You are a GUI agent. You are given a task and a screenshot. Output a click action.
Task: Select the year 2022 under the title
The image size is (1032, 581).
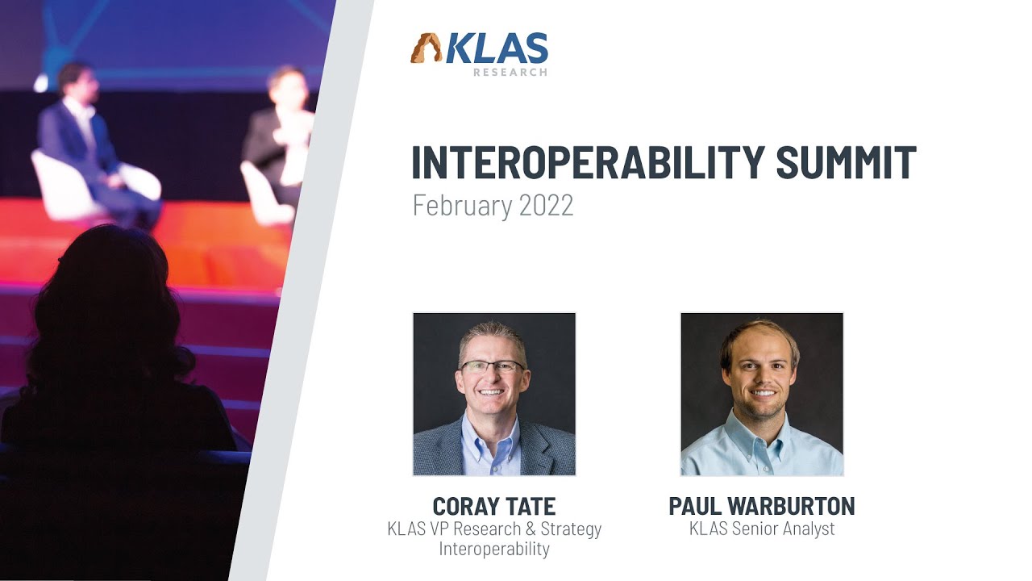(546, 206)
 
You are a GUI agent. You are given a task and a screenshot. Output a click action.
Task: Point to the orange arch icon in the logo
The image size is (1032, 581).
(426, 49)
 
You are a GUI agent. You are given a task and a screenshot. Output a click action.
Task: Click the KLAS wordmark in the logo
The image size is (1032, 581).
(496, 50)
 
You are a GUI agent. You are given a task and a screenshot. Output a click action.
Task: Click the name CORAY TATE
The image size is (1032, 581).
(493, 507)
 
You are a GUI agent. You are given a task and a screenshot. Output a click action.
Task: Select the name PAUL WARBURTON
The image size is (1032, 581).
(761, 507)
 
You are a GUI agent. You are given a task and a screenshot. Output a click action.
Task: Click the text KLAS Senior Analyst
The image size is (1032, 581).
(761, 529)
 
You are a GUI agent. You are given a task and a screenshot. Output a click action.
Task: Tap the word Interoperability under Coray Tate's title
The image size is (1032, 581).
(493, 550)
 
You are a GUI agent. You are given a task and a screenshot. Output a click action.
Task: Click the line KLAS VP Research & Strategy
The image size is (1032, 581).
(493, 529)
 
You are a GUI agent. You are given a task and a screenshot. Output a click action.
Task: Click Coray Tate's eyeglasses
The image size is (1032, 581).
(492, 366)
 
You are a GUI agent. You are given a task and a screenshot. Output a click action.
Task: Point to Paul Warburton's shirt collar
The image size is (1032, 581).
(761, 432)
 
